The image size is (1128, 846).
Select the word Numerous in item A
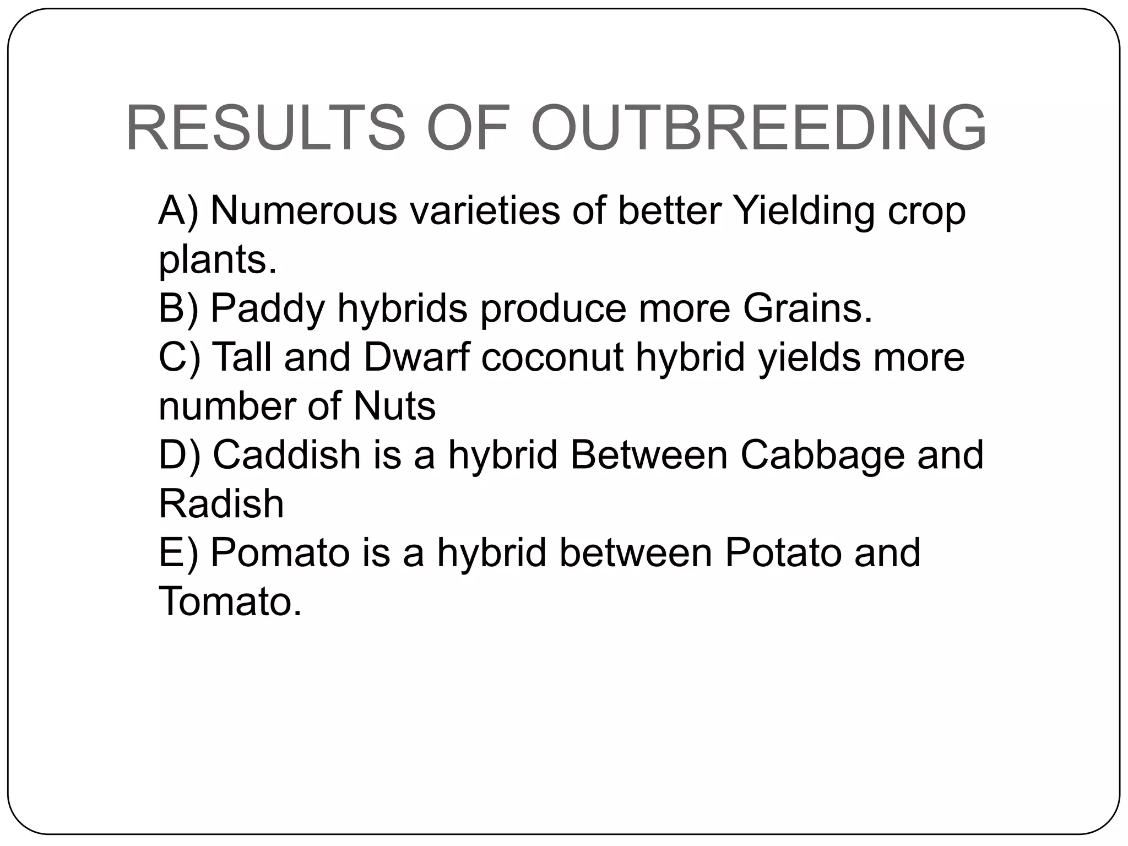coord(303,210)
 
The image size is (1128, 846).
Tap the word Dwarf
coord(416,357)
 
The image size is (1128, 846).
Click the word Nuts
coord(394,406)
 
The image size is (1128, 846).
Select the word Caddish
coord(286,455)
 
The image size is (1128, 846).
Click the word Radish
coord(221,503)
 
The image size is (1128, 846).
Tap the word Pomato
coord(280,552)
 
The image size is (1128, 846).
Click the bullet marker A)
coord(178,211)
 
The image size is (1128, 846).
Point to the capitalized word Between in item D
coord(649,455)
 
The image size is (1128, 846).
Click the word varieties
coord(484,210)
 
